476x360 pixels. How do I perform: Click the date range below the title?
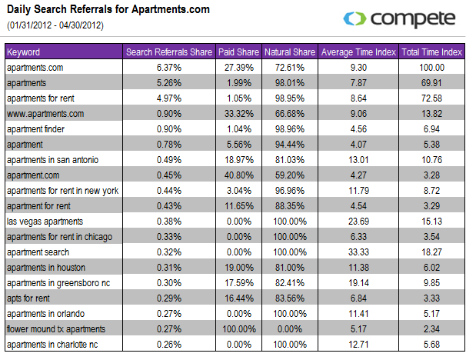click(x=55, y=25)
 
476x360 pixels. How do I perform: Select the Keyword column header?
click(x=23, y=52)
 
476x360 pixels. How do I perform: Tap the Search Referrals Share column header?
click(x=168, y=52)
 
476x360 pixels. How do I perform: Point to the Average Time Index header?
click(x=358, y=52)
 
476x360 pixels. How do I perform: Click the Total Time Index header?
click(x=431, y=52)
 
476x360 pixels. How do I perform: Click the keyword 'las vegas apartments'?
click(x=45, y=222)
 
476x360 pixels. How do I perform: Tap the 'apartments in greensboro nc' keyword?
click(x=58, y=283)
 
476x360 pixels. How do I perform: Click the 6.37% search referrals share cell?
click(x=168, y=68)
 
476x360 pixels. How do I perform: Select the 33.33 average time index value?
click(x=358, y=252)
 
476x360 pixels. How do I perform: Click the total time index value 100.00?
click(x=431, y=68)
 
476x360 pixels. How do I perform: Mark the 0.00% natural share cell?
click(x=289, y=329)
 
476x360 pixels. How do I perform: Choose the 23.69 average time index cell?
click(x=358, y=222)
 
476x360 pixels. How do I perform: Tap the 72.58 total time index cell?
click(x=431, y=98)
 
